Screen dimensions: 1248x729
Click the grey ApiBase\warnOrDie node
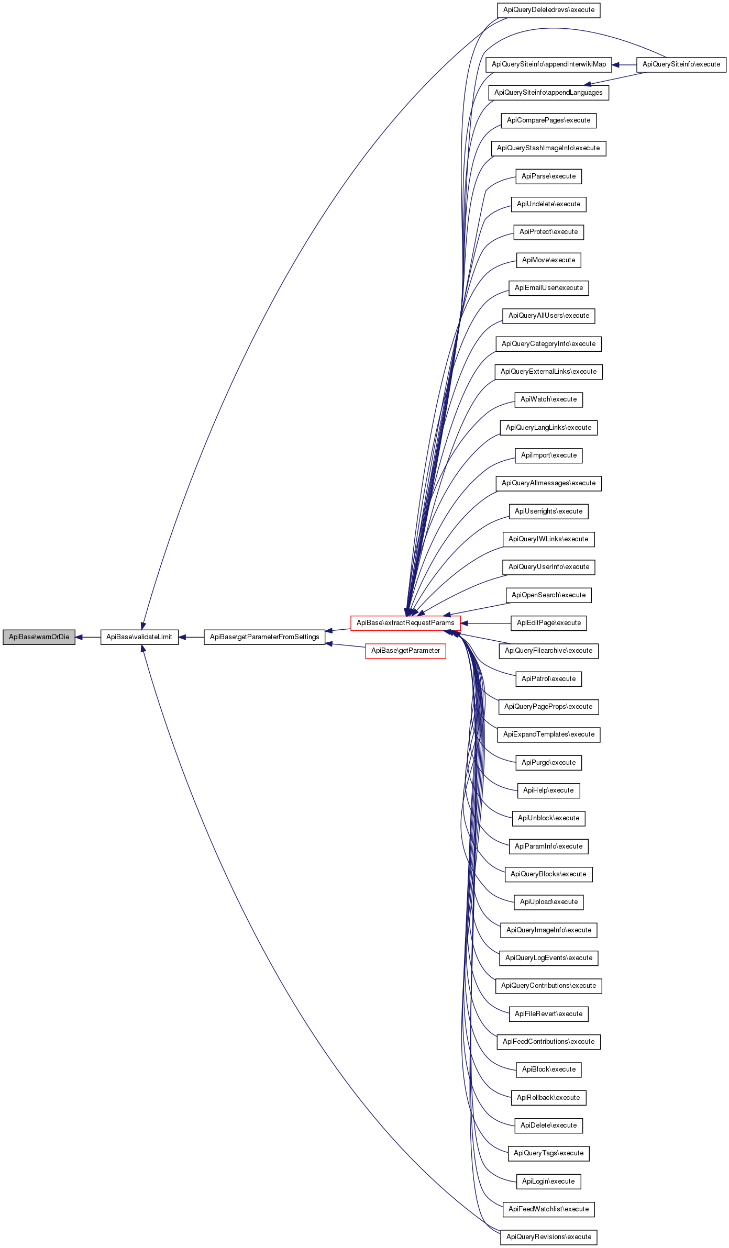pos(39,637)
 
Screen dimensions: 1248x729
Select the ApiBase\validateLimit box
pos(139,637)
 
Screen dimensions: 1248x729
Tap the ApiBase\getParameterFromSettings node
pos(264,637)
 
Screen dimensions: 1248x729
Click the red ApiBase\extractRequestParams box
pos(405,623)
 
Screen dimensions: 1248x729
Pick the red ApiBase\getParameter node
pos(405,651)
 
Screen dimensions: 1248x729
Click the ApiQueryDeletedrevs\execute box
pos(548,10)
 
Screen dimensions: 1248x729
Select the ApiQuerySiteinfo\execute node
pos(681,64)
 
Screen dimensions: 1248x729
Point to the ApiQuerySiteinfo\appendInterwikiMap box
pos(548,64)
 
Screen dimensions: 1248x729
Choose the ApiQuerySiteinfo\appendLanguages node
pos(548,93)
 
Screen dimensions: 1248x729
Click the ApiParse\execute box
pos(548,176)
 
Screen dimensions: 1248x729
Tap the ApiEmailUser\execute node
pos(548,288)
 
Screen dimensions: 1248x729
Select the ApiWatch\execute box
pos(548,399)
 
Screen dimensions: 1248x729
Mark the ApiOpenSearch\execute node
pos(548,595)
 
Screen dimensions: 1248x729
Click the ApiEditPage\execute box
pos(548,623)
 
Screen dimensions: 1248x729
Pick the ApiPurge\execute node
pos(548,763)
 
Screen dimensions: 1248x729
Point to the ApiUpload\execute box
pos(548,902)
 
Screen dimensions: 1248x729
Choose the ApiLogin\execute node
pos(548,1182)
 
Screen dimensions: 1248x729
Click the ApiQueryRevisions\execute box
pos(548,1237)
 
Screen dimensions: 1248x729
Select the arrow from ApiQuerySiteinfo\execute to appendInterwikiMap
pos(624,64)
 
